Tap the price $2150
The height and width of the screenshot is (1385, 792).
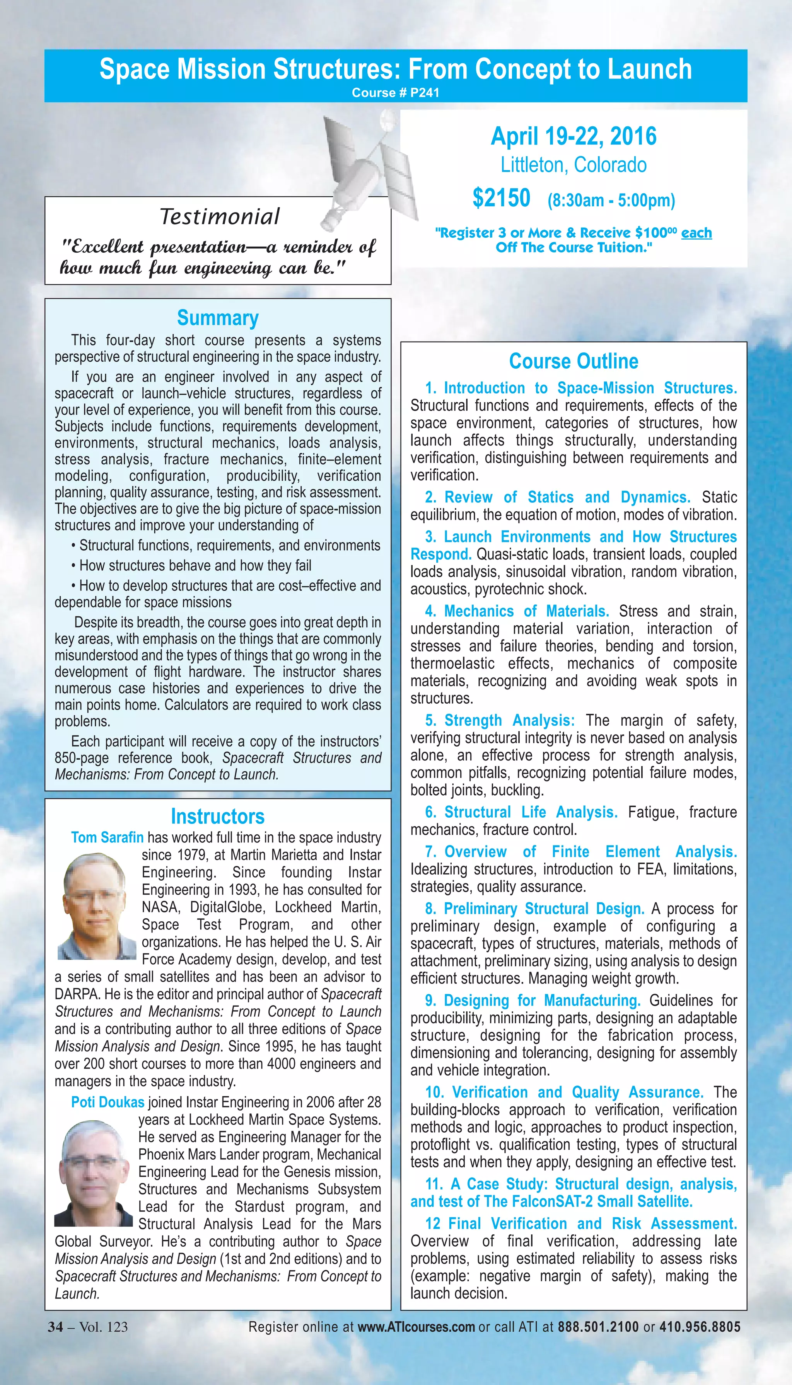[x=501, y=198]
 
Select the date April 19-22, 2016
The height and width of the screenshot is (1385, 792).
[x=574, y=136]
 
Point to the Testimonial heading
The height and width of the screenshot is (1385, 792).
[x=219, y=216]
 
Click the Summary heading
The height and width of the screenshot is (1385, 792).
[x=218, y=318]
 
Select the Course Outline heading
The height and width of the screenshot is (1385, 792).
[x=574, y=361]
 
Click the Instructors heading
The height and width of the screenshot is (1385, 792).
[x=218, y=817]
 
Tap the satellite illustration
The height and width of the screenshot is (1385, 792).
[x=370, y=168]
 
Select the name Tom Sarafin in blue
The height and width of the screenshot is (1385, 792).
[x=107, y=838]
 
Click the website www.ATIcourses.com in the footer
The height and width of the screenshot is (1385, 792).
[x=416, y=1327]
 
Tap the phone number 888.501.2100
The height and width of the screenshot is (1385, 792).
[x=598, y=1327]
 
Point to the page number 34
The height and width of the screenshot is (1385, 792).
[x=55, y=1327]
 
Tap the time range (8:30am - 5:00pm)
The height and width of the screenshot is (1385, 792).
[x=611, y=200]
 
